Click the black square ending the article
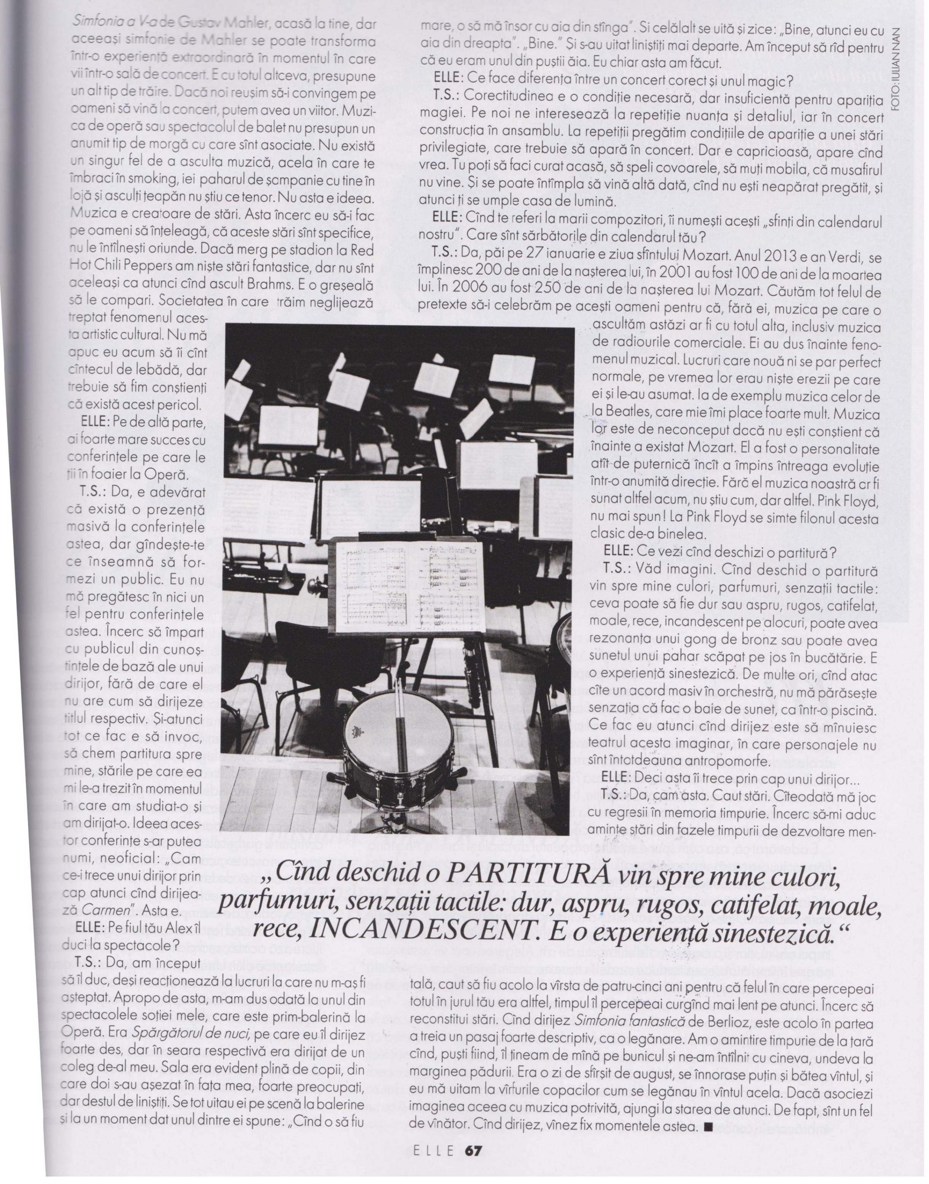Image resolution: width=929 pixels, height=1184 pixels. pyautogui.click(x=707, y=1126)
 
